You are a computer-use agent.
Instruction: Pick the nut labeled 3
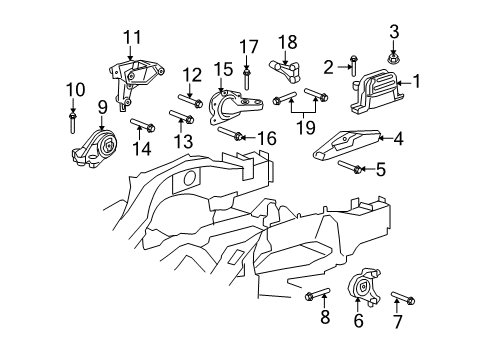(x=393, y=58)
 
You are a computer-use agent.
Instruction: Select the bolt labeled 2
(x=354, y=68)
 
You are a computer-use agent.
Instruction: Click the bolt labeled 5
(x=350, y=167)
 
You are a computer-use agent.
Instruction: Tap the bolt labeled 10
(x=73, y=122)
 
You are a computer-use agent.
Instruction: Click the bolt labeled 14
(x=141, y=127)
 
